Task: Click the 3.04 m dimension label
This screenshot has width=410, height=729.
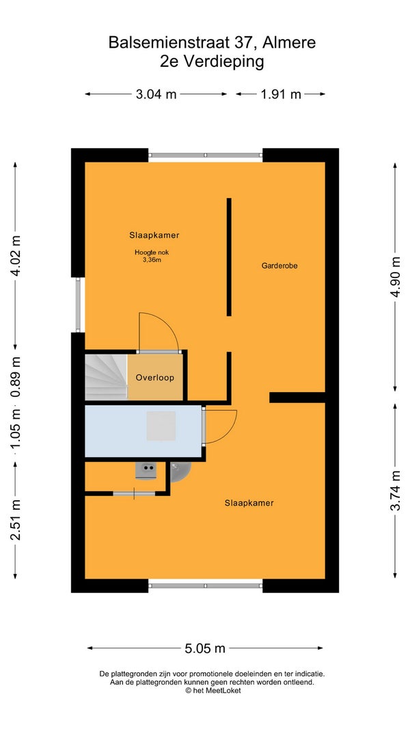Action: [x=156, y=94]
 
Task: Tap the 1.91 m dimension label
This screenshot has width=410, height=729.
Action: [x=281, y=94]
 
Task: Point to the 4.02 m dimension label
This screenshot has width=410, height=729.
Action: [x=15, y=256]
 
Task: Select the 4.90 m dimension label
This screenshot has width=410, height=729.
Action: [x=395, y=277]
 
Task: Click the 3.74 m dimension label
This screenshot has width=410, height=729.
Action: [x=395, y=491]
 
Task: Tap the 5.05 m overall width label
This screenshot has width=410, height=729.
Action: [x=205, y=648]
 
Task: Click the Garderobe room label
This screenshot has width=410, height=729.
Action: [x=279, y=266]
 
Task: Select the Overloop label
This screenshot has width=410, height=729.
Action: [x=155, y=378]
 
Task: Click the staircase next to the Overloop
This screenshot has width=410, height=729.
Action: [x=106, y=377]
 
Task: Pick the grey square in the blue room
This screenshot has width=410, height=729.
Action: [x=161, y=426]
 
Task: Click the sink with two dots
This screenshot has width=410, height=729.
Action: [x=146, y=471]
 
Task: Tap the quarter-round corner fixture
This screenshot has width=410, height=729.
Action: [x=180, y=471]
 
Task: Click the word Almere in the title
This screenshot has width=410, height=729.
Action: [x=289, y=43]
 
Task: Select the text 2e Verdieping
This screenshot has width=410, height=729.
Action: [x=212, y=62]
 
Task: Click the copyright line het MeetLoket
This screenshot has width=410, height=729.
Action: [x=213, y=691]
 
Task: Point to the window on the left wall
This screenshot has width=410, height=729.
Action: [x=79, y=305]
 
